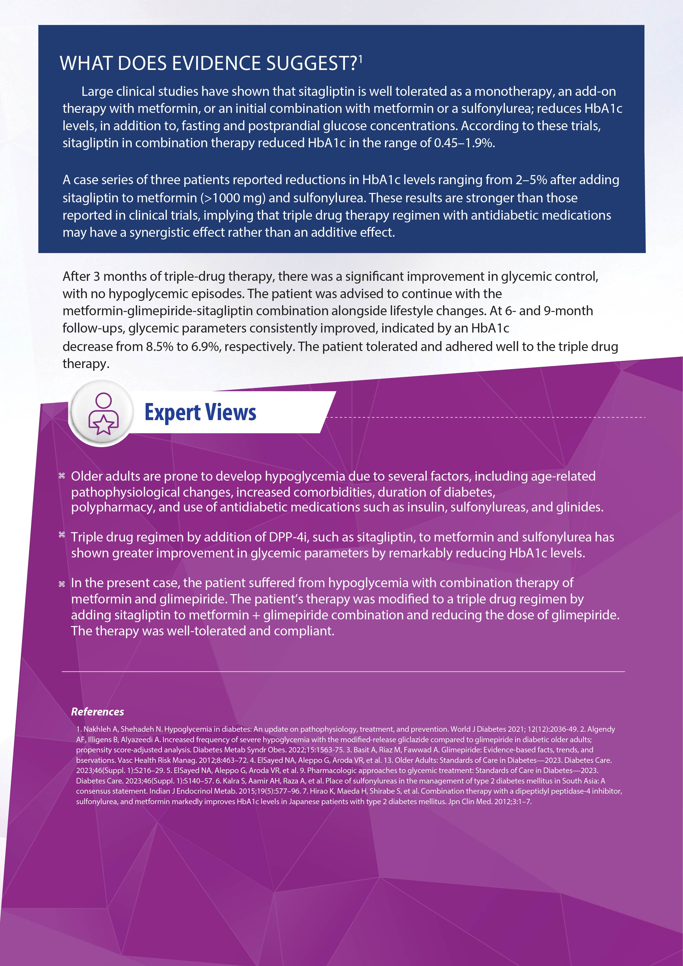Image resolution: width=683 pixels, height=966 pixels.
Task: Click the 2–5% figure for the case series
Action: point(531,180)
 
